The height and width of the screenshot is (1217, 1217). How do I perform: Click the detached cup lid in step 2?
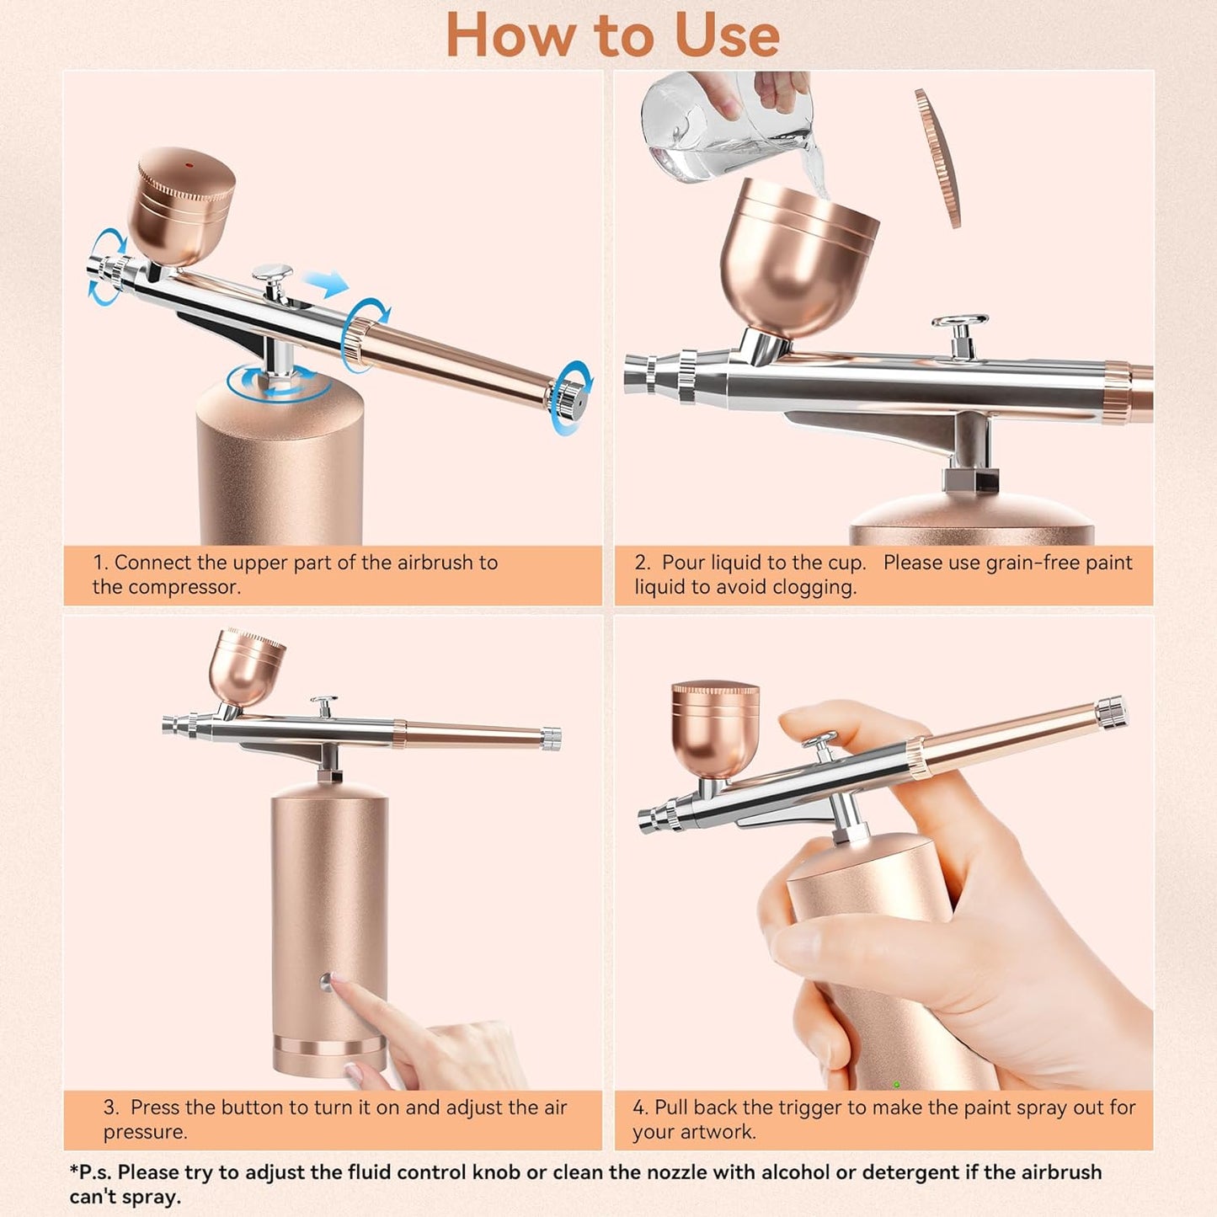coord(938,158)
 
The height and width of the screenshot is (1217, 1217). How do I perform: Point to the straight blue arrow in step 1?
coord(327,284)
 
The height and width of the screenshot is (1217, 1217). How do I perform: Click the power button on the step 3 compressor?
coord(326,980)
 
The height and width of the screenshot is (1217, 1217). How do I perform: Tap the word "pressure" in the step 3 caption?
coord(144,1131)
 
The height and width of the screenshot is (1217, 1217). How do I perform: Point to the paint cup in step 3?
coord(246,667)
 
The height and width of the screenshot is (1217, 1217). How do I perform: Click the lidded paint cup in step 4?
coord(716,729)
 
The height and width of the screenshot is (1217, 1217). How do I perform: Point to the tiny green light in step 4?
coord(896,1084)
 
